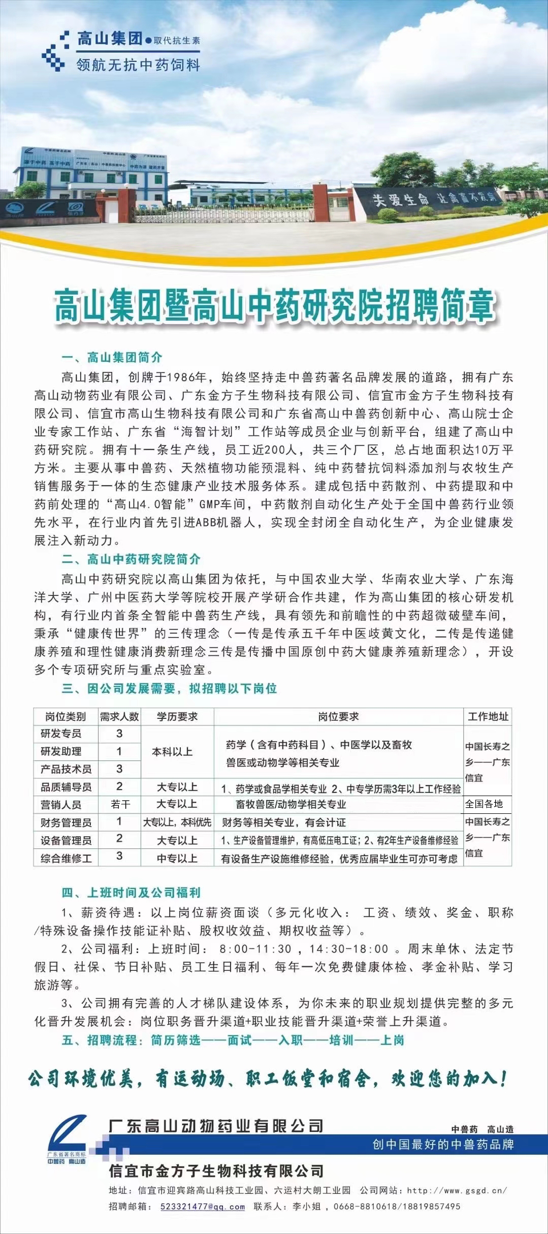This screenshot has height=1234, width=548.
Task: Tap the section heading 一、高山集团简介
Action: (112, 357)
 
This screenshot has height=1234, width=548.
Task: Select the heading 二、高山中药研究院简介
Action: (131, 559)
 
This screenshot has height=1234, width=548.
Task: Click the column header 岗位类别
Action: (66, 716)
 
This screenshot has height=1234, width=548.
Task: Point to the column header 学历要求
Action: (177, 716)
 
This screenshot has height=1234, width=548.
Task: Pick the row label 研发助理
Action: (61, 751)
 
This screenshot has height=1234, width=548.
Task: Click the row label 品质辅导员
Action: (66, 787)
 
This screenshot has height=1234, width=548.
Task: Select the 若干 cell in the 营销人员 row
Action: (120, 804)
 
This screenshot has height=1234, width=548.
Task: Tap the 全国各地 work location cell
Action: (484, 804)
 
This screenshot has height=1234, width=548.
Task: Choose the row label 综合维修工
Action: (66, 858)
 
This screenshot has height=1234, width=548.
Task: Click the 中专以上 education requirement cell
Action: (177, 858)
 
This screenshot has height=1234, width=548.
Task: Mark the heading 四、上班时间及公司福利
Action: (131, 893)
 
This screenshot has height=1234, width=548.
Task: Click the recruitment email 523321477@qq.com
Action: (203, 1207)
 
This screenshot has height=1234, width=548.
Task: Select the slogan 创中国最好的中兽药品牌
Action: (443, 1144)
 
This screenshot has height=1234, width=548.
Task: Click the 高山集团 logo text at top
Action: (109, 38)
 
